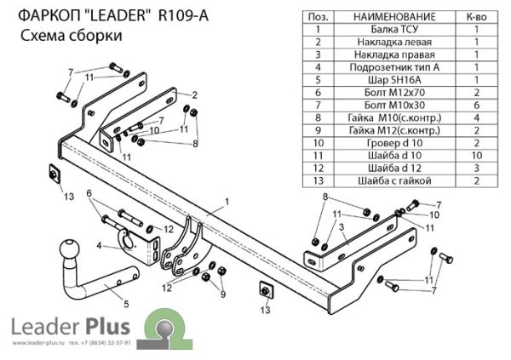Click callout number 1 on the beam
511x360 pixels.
click(227, 202)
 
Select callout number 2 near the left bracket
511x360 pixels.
click(194, 94)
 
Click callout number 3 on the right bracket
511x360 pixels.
click(340, 228)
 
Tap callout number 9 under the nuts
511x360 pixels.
click(223, 294)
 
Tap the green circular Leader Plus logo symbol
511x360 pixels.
click(162, 329)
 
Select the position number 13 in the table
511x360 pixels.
click(317, 180)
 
